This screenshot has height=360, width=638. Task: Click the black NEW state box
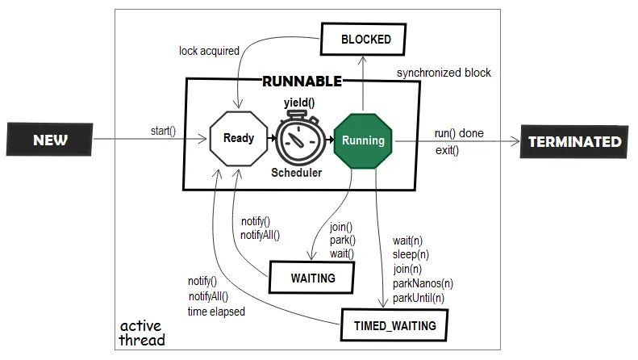50,140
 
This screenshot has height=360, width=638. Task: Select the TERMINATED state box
574,142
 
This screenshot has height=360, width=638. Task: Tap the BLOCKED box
363,39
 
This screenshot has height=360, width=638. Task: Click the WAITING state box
311,278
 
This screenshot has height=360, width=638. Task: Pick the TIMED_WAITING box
394,325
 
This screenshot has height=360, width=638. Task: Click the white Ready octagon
239,139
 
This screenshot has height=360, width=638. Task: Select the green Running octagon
363,140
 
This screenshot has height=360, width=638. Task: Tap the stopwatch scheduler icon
301,138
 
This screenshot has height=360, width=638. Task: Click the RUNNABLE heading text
302,81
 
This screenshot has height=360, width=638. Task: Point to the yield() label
299,103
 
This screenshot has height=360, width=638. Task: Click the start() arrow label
163,131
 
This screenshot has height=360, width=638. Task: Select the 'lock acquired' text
209,51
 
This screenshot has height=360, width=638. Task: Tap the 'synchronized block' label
444,73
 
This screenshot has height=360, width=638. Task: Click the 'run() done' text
459,133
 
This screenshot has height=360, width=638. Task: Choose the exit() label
447,150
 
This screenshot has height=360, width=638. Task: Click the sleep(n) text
411,254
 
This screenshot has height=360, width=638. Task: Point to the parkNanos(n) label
423,283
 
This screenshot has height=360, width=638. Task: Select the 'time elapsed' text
216,312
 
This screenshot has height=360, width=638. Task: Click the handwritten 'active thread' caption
142,333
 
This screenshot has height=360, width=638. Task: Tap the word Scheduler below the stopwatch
297,173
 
